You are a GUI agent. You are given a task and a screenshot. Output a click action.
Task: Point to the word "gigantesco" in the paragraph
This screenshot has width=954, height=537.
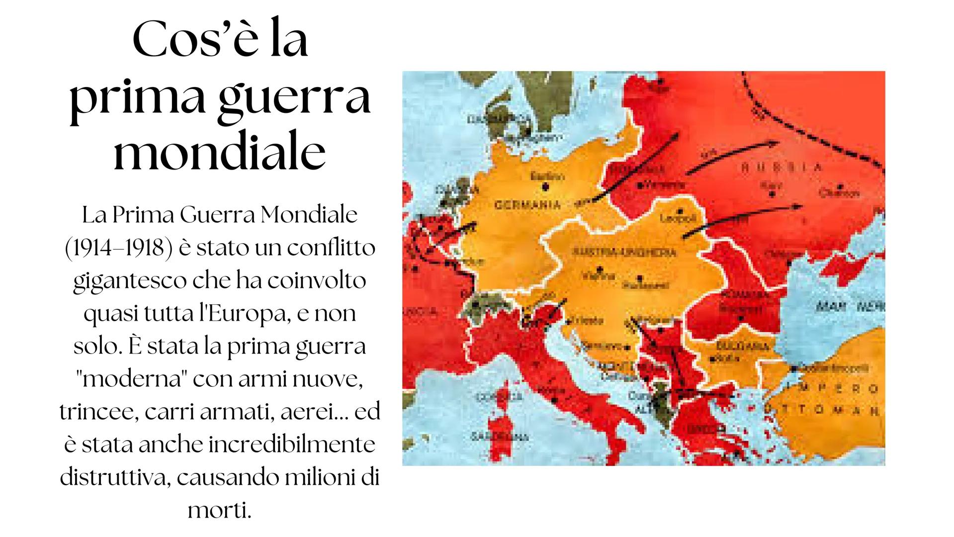click(x=127, y=281)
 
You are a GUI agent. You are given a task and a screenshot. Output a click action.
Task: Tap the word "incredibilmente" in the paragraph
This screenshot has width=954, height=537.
click(x=292, y=445)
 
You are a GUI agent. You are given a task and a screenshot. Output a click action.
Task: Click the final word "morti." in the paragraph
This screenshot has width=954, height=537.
click(x=219, y=510)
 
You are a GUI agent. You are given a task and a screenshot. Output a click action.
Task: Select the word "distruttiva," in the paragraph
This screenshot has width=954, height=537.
click(x=115, y=477)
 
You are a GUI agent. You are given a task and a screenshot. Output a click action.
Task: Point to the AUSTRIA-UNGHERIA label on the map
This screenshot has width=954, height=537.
click(x=625, y=253)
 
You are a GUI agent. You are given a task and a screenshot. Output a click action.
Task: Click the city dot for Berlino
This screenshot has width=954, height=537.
click(x=545, y=186)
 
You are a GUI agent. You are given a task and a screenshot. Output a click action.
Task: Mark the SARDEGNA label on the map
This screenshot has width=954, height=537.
click(x=498, y=437)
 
